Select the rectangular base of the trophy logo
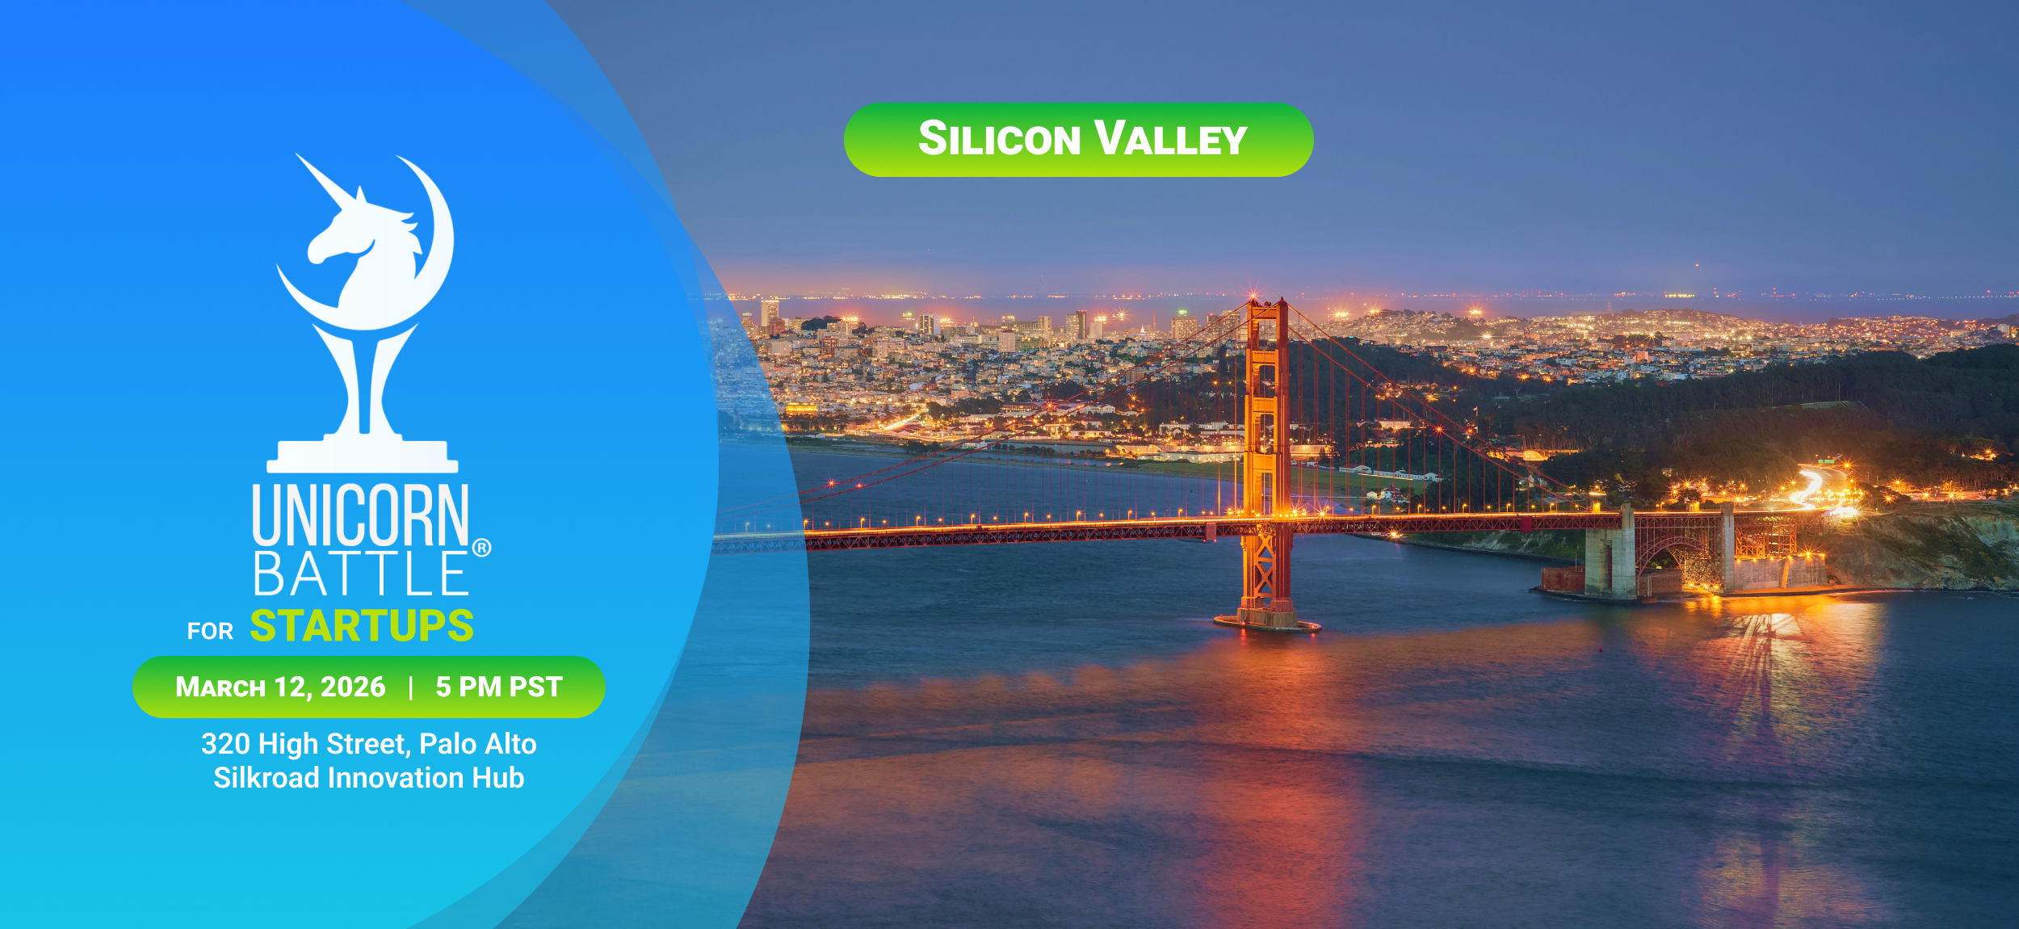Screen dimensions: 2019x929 coord(363,456)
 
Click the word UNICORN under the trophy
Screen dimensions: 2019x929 coord(360,515)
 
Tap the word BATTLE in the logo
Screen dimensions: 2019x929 coord(360,574)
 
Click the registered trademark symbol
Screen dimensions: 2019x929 coord(481,548)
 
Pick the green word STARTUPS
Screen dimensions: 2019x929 coord(362,626)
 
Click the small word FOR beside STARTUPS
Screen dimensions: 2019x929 coord(210,631)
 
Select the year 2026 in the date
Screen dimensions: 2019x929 coord(353,687)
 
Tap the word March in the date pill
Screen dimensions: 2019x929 coord(220,687)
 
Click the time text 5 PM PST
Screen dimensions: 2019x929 coord(499,687)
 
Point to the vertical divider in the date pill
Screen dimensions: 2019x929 coord(411,687)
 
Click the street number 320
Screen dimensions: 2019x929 coord(225,744)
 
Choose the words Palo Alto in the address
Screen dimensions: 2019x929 coord(478,744)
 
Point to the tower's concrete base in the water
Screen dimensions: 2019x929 coord(1267,621)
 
